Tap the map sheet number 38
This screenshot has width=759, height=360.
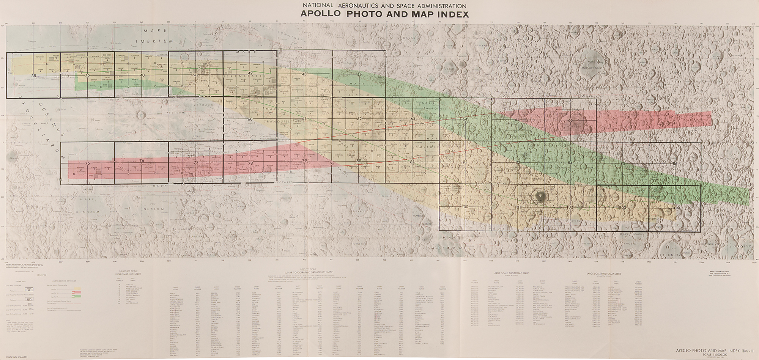(x=34, y=76)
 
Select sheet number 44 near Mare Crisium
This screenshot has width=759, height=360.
(x=359, y=74)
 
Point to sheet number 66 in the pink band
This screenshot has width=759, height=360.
(x=570, y=120)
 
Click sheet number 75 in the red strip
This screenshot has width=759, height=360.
(x=87, y=163)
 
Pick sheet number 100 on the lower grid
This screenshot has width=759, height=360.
(x=466, y=206)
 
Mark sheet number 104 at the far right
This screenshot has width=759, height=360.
(x=675, y=208)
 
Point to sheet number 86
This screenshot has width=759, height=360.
(x=674, y=163)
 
